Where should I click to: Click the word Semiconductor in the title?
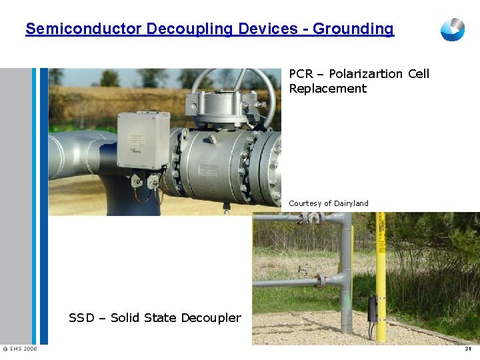point(83,29)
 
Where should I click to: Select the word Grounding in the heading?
point(353,29)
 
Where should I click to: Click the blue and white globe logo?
point(453,29)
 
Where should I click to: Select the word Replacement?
point(328,89)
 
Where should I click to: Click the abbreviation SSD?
point(81,318)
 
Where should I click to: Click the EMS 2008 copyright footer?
point(20,349)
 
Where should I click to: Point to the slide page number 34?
point(468,349)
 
